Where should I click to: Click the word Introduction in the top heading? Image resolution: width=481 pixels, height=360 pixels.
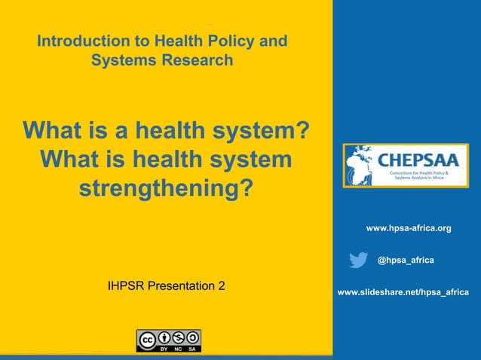(x=83, y=41)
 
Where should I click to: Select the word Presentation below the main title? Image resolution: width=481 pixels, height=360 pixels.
(x=181, y=286)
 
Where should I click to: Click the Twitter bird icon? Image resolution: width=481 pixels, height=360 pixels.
(x=359, y=260)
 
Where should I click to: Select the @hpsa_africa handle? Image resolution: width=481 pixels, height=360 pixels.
(x=406, y=260)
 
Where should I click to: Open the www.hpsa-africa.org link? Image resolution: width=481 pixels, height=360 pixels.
(x=409, y=227)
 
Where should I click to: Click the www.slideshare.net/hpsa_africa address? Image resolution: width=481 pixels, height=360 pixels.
(x=403, y=291)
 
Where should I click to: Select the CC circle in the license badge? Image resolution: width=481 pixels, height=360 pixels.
(x=147, y=337)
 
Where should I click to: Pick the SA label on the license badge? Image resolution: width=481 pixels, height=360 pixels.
(x=193, y=349)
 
